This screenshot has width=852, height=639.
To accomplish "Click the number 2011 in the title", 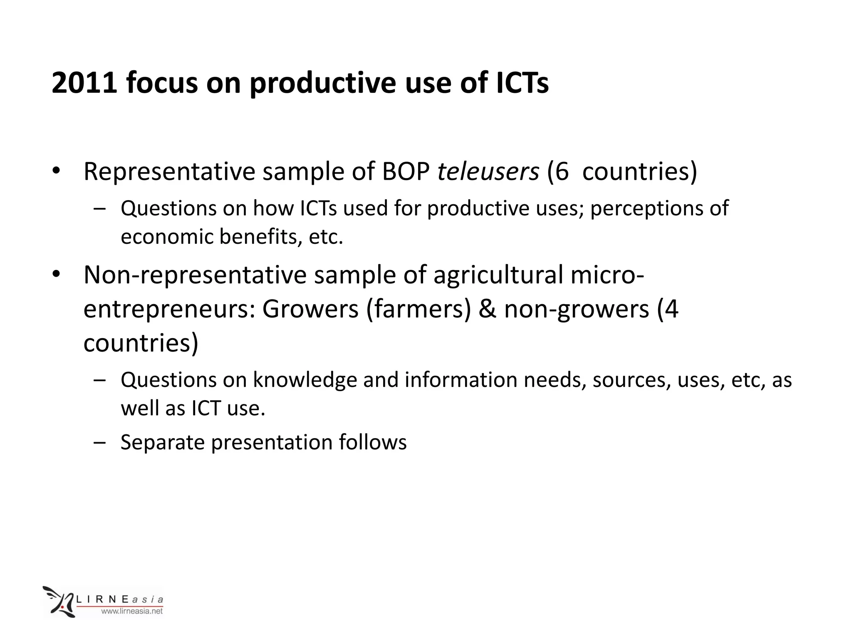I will [83, 82].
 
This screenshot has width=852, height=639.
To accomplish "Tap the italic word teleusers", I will [488, 171].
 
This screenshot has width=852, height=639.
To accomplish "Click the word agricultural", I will [498, 275].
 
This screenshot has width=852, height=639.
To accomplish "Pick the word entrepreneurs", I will [168, 309].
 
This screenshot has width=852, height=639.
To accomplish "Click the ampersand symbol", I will [487, 309].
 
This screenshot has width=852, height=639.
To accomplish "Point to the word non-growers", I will [576, 309].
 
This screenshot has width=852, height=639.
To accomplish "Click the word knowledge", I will [305, 380].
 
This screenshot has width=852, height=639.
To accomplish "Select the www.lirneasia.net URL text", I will [132, 611].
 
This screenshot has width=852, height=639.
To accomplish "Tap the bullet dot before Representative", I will [56, 171].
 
